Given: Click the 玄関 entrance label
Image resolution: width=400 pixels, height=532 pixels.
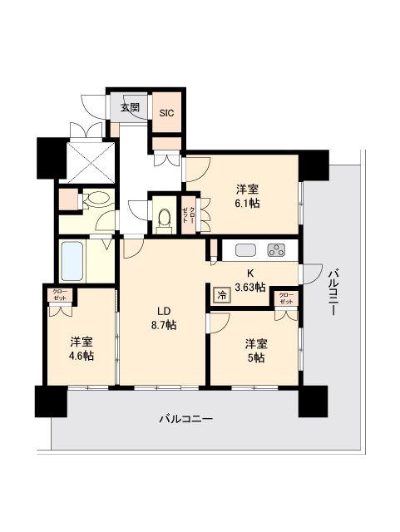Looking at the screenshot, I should pos(129,108).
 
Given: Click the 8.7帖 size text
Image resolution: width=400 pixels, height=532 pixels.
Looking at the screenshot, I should pos(164,325).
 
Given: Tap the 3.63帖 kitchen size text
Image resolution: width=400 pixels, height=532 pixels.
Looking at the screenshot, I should pos(249,288).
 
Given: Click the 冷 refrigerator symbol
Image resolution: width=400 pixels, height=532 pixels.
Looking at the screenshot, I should pos(221,294).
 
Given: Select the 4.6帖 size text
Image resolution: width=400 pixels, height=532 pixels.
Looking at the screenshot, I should pos(81,355).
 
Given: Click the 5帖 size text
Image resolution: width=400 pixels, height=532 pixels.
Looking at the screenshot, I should pos(254,357).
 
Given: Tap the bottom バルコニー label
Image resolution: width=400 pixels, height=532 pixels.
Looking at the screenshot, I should pos(186,420).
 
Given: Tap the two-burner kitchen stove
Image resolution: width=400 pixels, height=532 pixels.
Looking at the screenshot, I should pos(275,249).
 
